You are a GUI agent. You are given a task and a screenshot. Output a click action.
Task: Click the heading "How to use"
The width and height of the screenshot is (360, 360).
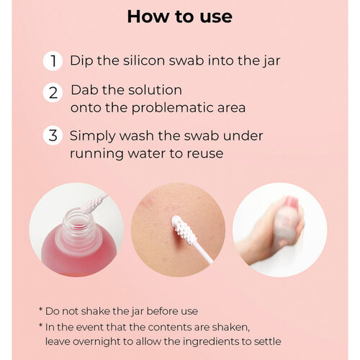click(180, 17)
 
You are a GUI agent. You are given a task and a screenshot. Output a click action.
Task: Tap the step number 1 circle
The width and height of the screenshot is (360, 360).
click(53, 61)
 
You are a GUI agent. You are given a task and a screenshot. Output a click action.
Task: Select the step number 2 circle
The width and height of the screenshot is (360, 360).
click(53, 93)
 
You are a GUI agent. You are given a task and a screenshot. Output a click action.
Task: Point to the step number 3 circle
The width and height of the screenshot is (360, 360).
click(53, 135)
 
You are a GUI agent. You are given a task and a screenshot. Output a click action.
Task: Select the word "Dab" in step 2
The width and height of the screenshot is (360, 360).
click(85, 90)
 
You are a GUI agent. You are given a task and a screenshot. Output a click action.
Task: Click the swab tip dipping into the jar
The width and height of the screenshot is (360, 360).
click(92, 204)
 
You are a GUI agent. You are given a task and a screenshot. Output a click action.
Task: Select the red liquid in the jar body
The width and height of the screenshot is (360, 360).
click(77, 258)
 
